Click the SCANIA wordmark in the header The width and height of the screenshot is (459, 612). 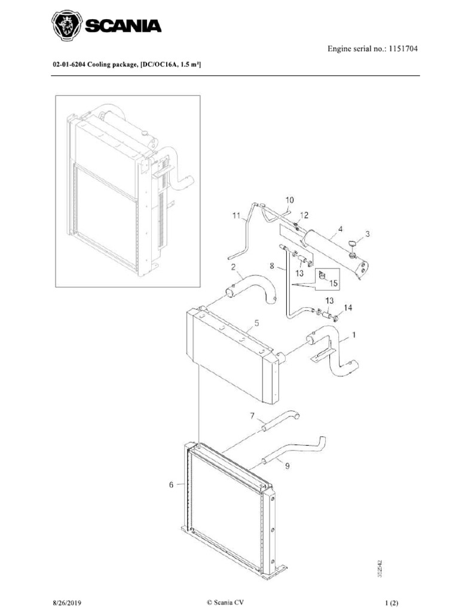click(x=125, y=27)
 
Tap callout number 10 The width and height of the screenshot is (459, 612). click(x=289, y=200)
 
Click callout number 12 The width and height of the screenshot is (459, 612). click(x=304, y=215)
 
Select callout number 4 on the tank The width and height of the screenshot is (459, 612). click(x=339, y=228)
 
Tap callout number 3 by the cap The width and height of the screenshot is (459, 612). click(x=368, y=234)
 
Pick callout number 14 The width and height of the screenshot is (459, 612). click(x=347, y=308)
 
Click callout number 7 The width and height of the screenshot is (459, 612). click(x=252, y=415)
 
